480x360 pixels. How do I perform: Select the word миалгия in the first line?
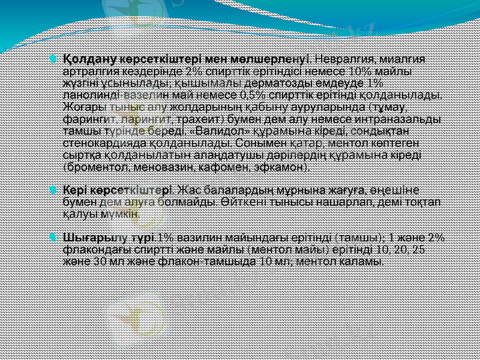click(404, 59)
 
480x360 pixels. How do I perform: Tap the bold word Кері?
click(76, 190)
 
